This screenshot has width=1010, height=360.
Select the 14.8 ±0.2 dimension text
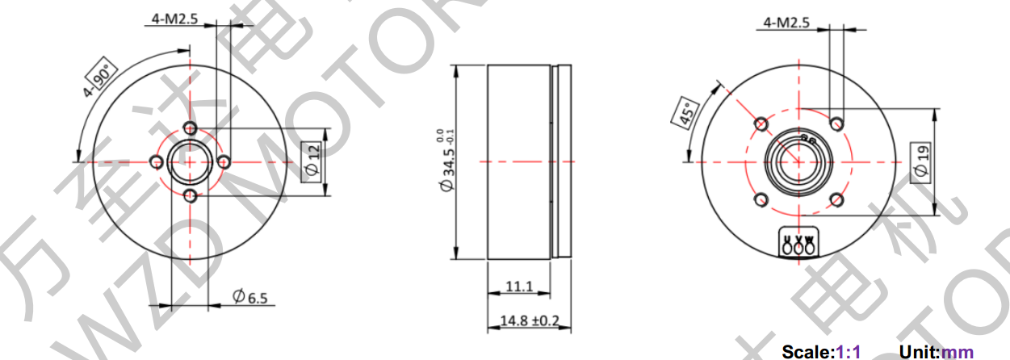coord(530,320)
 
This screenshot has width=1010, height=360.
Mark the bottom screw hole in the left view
coord(191,196)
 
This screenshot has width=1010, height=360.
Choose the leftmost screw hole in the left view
coord(156,162)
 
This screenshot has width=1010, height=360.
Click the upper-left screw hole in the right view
coord(761,123)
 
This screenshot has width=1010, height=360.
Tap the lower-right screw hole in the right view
coord(837,199)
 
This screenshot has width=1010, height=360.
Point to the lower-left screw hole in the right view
coord(761,199)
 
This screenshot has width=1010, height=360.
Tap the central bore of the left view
coord(191,161)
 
